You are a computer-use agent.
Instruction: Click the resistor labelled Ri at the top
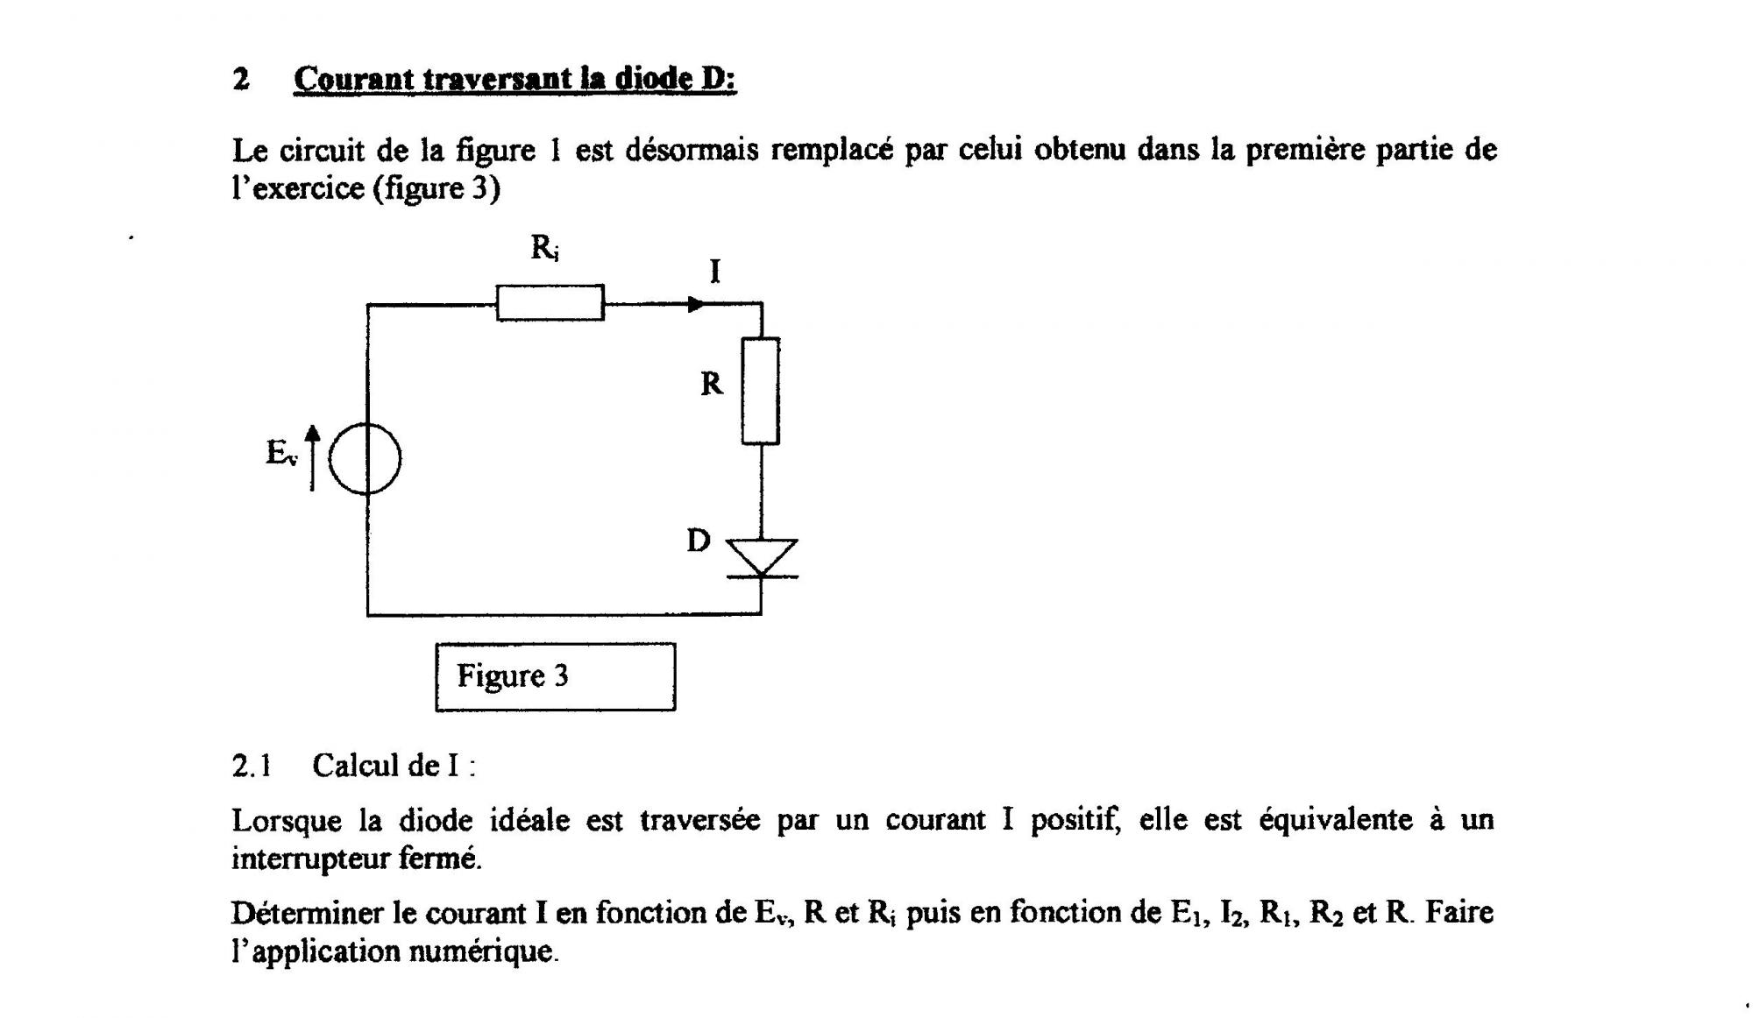coord(550,303)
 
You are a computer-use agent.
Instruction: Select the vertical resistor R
coord(760,391)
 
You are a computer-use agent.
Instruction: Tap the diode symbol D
coord(761,558)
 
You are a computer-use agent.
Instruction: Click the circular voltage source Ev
coord(366,458)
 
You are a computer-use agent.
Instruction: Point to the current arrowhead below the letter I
coord(696,304)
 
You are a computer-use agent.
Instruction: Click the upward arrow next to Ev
coord(312,456)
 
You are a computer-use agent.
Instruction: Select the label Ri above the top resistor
coord(544,248)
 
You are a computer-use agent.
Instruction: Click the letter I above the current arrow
coord(715,272)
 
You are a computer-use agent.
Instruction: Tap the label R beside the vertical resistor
coord(712,384)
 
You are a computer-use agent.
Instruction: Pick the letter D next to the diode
coord(698,541)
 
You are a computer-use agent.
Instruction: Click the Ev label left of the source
coord(281,453)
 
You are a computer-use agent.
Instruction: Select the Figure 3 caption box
coord(555,676)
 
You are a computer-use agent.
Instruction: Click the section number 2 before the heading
coord(241,80)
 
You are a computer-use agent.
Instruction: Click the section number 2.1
coord(252,766)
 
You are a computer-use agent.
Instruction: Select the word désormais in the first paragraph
coord(692,150)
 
